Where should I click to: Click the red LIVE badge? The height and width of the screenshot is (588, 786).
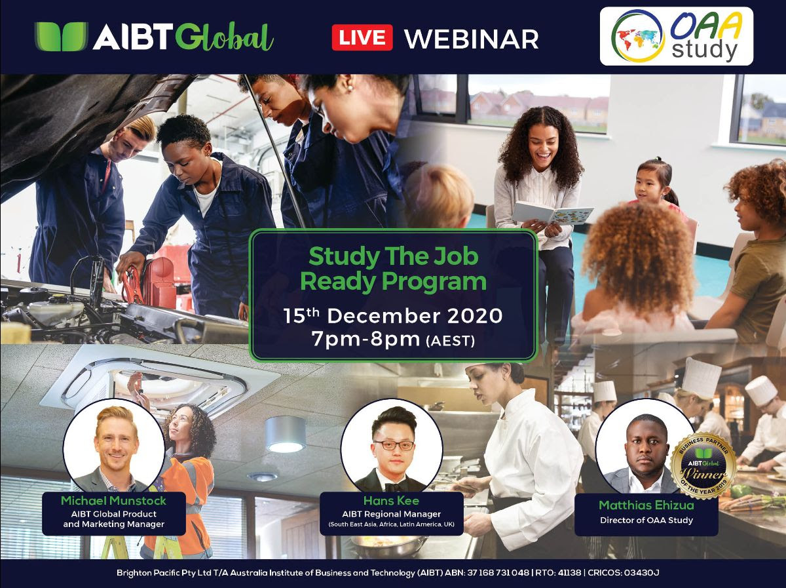point(362,37)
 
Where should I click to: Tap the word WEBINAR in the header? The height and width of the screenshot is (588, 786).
point(472,39)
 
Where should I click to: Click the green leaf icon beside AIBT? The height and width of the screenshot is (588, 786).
point(61,36)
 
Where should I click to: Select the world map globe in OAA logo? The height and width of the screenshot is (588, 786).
point(638,36)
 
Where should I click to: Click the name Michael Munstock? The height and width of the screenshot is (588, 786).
point(113,501)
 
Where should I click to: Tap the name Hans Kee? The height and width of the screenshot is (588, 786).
point(391,501)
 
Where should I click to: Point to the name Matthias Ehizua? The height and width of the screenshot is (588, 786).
point(646,505)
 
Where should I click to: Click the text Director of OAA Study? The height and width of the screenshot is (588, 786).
point(646,520)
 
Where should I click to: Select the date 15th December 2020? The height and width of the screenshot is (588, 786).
point(393,316)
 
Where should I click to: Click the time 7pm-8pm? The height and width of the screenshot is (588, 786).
point(365,339)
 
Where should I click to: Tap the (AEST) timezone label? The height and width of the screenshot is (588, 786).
point(451,341)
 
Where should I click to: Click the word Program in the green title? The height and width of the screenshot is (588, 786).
point(434,282)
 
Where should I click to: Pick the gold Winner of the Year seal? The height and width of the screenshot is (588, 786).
point(703,467)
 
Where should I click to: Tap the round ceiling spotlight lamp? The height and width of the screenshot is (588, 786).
point(286,435)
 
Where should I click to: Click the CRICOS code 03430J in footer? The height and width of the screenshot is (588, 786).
point(641,572)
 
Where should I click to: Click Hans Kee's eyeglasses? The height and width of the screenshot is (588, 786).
point(394,445)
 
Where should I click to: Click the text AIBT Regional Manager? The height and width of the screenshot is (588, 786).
point(392,514)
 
